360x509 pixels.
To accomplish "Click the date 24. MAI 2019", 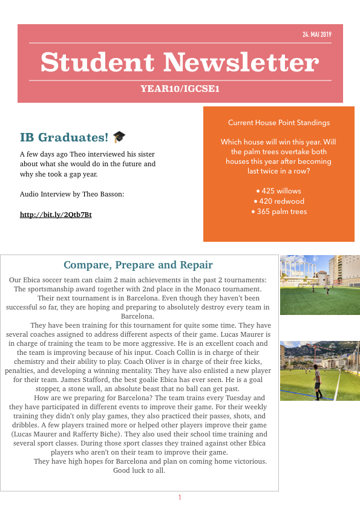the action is point(317,34).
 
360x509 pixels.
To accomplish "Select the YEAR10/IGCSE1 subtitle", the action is point(180,89).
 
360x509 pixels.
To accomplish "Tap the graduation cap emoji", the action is point(119,137).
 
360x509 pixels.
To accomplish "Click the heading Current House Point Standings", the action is point(279,123).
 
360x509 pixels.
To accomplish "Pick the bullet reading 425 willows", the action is point(279,191).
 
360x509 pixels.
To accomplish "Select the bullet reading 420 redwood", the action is point(279,201).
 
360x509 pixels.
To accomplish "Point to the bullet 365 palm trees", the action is point(279,212).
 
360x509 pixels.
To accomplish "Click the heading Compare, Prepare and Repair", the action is point(138,265).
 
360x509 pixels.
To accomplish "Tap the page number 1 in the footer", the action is point(180,498).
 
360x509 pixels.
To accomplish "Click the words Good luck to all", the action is point(139,470).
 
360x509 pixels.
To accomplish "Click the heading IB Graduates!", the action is point(64,138).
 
